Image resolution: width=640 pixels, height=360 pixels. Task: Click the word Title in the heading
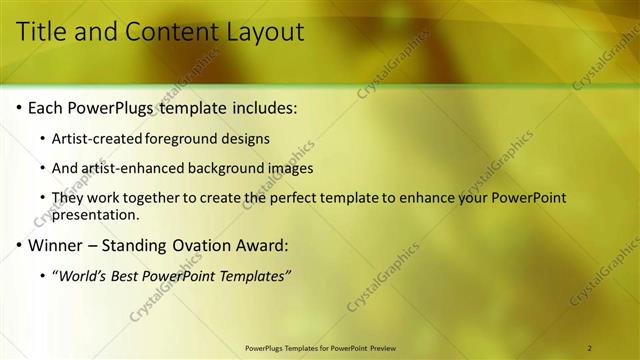[44, 32]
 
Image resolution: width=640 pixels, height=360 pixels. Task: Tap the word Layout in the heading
[258, 32]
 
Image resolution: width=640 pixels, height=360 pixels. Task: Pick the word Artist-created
[96, 138]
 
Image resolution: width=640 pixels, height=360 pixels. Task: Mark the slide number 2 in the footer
[590, 348]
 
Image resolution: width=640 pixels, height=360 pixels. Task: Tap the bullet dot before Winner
[19, 245]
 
